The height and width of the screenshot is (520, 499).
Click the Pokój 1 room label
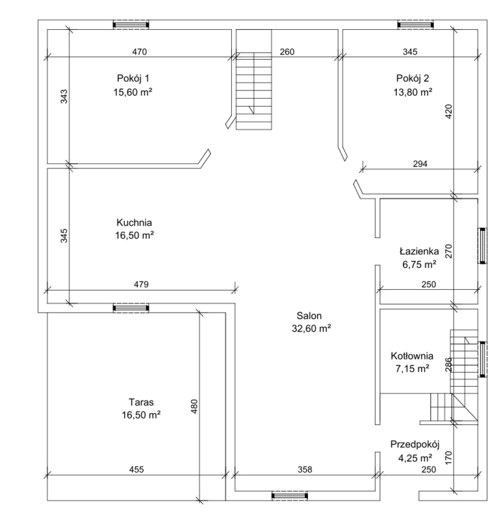coord(133,79)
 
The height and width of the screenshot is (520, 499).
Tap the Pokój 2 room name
coord(413,79)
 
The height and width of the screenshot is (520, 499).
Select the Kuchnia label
coord(134,222)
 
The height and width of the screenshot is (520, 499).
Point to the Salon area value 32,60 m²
coord(311,329)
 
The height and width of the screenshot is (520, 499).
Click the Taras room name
coord(141,402)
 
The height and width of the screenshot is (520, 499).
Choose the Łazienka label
coord(419,252)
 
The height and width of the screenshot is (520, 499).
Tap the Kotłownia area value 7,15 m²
coord(413,369)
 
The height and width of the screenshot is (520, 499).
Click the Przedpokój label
coord(415,445)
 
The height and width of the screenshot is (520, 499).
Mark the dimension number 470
coord(140,52)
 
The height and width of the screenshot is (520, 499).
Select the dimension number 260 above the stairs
coord(287,52)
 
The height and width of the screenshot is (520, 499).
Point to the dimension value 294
coord(420,164)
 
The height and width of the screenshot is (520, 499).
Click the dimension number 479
coord(141,285)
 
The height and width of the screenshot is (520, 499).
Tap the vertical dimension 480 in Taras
coord(194,406)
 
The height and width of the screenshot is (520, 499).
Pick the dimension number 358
coord(305,469)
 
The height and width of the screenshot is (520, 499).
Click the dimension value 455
coord(136,469)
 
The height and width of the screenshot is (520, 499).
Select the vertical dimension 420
coord(448,112)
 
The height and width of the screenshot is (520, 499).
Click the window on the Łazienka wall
coord(482,246)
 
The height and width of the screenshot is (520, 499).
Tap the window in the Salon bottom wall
coord(289,496)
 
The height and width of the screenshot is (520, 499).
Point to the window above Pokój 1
coord(131,25)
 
